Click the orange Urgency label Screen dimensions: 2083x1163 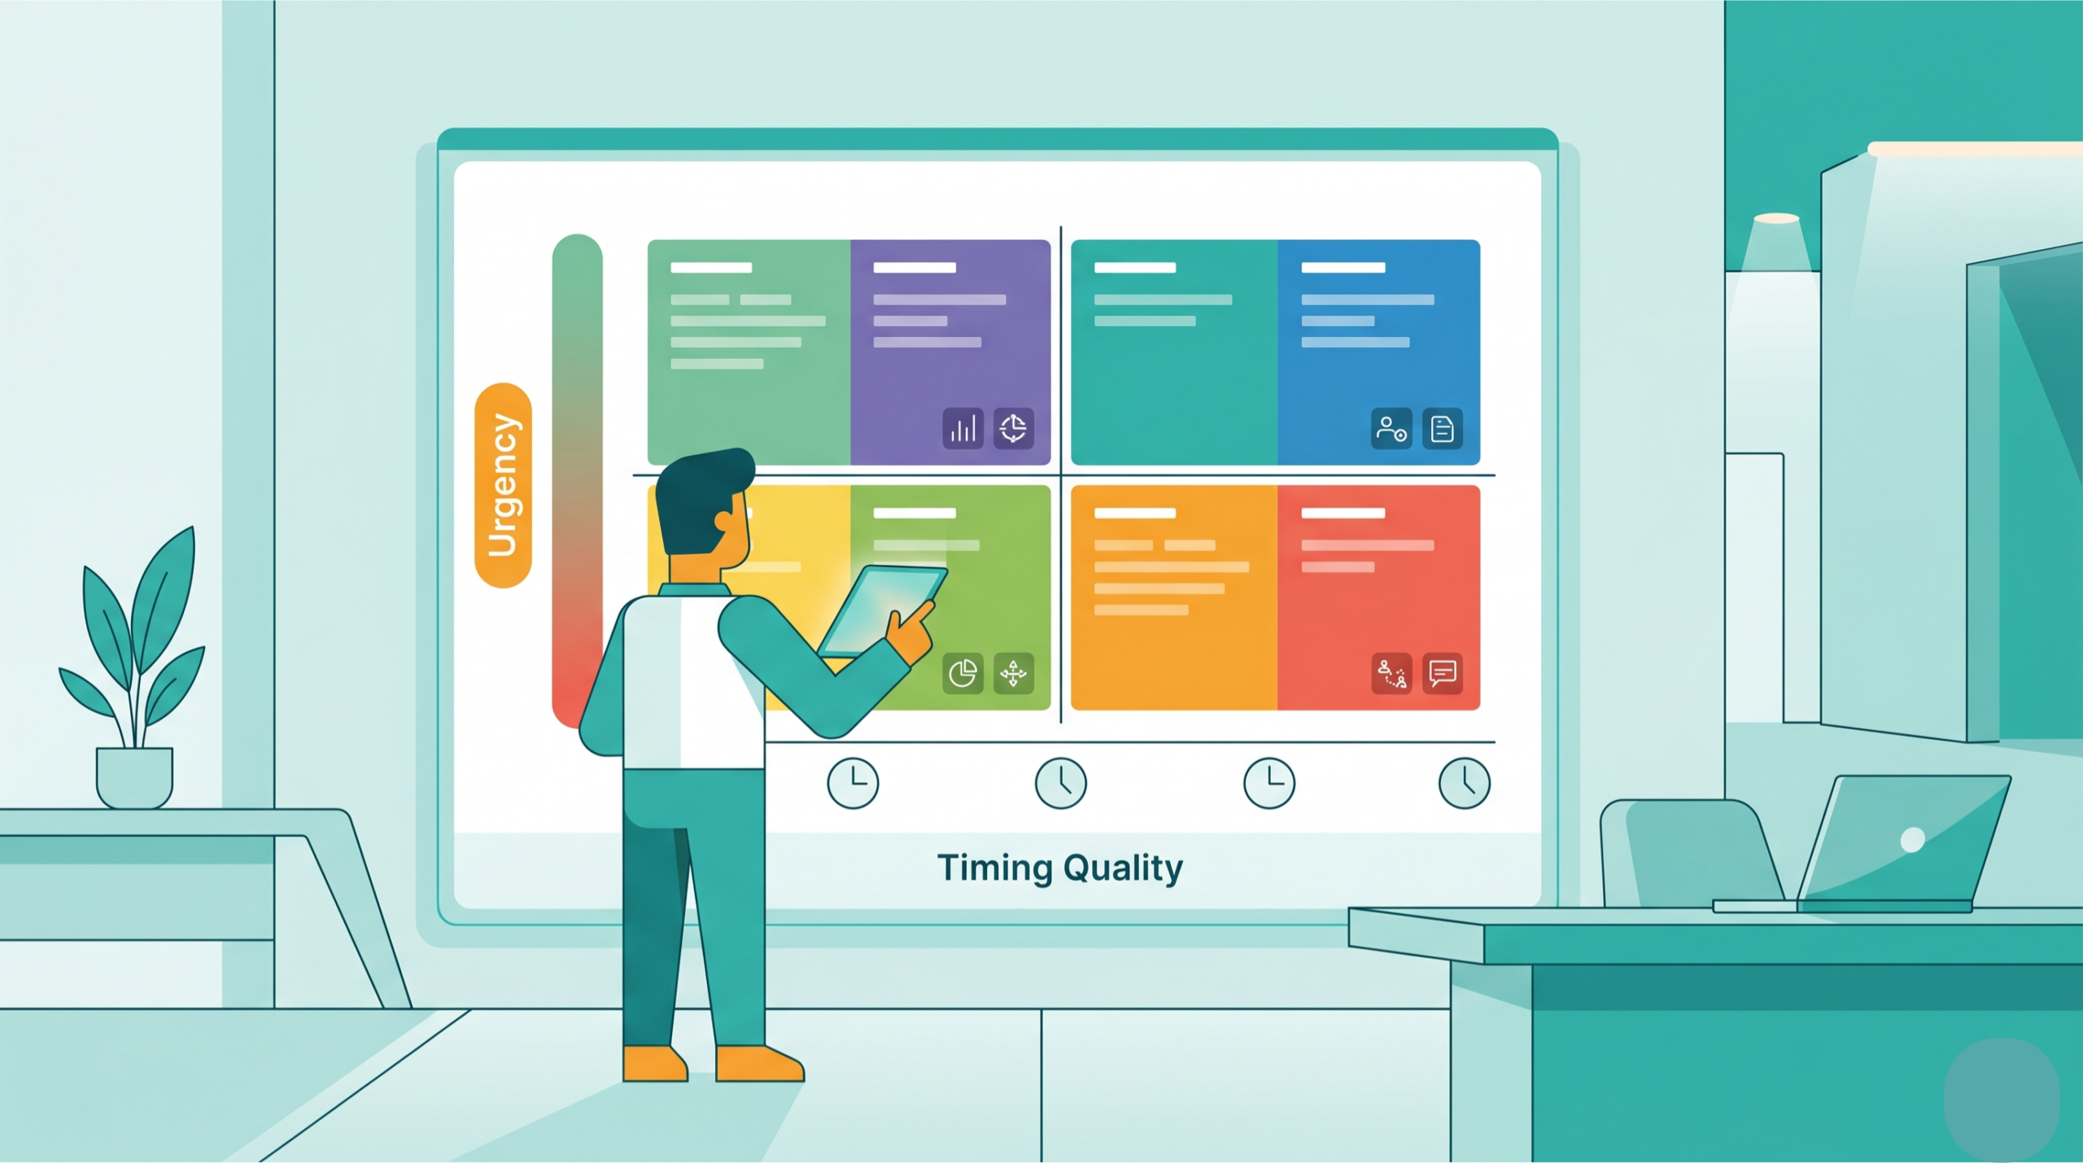(503, 485)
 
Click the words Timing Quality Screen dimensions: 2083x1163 (1060, 868)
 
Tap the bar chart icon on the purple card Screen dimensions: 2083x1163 (963, 428)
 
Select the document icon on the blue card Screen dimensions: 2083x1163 (1442, 428)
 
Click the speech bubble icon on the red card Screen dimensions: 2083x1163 (1442, 673)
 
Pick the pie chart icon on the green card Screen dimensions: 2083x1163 (963, 673)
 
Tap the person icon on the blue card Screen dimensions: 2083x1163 (1391, 428)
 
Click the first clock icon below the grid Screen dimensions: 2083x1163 (853, 783)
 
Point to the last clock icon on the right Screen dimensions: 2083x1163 (1465, 783)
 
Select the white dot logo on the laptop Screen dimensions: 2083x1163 (1912, 839)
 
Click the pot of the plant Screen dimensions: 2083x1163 (134, 777)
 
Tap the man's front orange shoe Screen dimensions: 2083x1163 (759, 1063)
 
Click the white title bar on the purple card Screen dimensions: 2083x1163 (915, 267)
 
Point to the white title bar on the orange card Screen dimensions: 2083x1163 (1135, 513)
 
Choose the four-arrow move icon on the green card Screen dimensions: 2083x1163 (1014, 673)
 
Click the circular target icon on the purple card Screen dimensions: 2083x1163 (1014, 428)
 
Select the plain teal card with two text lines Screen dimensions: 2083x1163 (1174, 352)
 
